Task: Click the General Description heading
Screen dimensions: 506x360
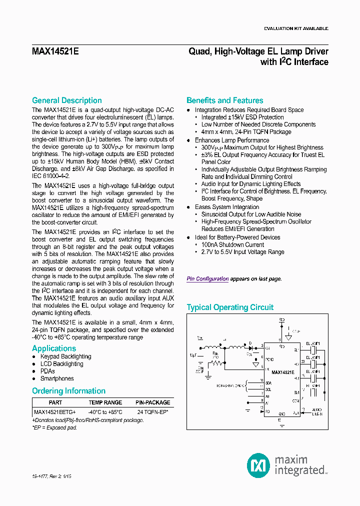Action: click(66, 100)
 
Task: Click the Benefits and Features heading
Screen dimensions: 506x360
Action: click(224, 100)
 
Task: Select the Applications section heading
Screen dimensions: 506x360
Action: click(54, 348)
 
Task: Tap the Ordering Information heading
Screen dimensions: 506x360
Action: click(68, 391)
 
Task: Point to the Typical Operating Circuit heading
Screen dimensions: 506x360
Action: click(230, 307)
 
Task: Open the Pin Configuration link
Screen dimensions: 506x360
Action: click(207, 279)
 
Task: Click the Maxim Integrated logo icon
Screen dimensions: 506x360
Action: click(258, 465)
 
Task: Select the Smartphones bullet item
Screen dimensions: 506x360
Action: click(57, 378)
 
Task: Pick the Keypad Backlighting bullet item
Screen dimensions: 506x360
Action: click(65, 356)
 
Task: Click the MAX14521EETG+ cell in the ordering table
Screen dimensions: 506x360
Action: click(55, 412)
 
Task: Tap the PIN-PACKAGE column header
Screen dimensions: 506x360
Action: click(152, 402)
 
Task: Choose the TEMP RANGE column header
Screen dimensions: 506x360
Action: click(105, 402)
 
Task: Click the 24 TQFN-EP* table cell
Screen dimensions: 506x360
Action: click(152, 412)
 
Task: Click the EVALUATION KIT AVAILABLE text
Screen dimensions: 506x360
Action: click(296, 29)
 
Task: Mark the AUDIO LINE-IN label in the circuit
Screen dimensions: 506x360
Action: click(318, 411)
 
